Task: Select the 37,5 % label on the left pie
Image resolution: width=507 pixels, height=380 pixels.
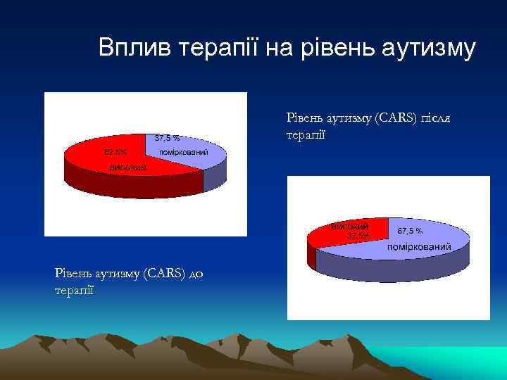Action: tap(167, 138)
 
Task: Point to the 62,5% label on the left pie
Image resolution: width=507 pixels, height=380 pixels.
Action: tap(115, 152)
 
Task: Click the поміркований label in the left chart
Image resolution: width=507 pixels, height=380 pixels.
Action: tap(184, 152)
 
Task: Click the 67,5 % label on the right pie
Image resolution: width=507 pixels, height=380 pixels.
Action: tap(410, 231)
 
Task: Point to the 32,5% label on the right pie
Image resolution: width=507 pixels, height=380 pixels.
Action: tap(358, 235)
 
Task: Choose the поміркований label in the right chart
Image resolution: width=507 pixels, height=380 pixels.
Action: tap(420, 247)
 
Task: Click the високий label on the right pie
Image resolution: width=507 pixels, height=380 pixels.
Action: tap(349, 227)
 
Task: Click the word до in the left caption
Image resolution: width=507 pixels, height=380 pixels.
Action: tap(196, 274)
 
